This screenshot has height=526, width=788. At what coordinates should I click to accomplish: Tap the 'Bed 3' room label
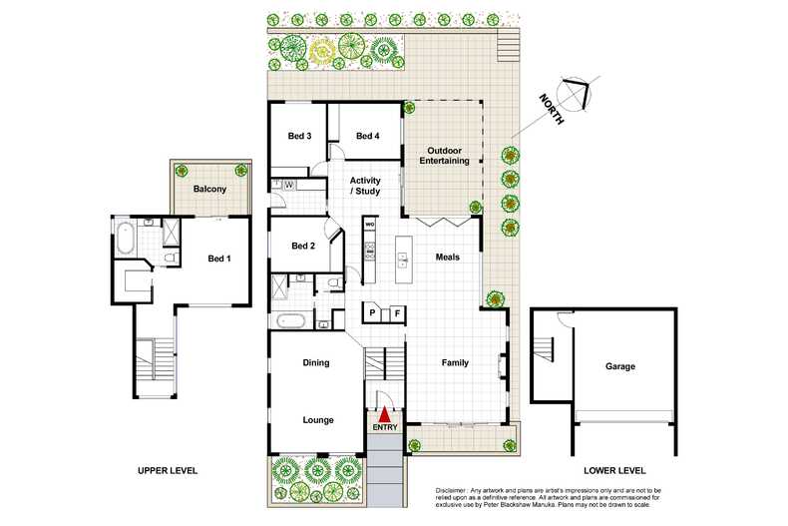click(x=300, y=137)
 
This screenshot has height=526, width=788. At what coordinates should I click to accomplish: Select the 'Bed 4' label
click(x=367, y=137)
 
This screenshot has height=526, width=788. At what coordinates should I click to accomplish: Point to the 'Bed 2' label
click(x=303, y=247)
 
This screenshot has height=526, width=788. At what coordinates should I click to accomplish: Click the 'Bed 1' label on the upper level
click(x=218, y=260)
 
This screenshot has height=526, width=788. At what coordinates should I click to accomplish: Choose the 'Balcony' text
click(x=209, y=189)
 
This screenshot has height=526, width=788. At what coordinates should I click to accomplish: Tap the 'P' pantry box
click(x=372, y=312)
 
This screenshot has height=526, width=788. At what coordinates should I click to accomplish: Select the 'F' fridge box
click(x=397, y=312)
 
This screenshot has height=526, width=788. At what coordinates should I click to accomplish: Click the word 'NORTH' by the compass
click(x=551, y=108)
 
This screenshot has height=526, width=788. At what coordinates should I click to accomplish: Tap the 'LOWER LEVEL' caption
click(x=614, y=470)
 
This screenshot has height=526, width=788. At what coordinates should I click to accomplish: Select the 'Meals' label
click(x=447, y=257)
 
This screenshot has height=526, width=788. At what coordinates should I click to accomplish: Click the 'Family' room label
click(x=455, y=362)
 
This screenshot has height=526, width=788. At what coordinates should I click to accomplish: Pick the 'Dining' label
click(x=316, y=363)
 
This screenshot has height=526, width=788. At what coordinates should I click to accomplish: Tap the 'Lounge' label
click(x=317, y=420)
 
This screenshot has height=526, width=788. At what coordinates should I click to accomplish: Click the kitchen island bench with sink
click(x=403, y=259)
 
